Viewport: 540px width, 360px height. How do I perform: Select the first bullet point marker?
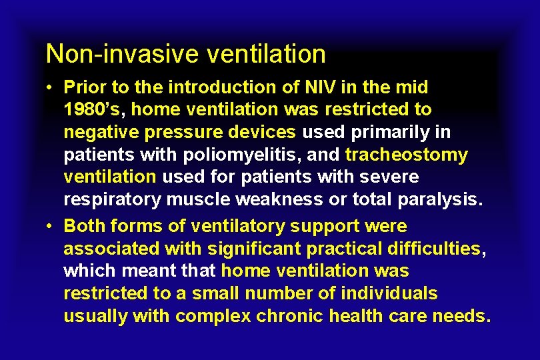(51, 88)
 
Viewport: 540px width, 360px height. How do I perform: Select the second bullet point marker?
(51, 227)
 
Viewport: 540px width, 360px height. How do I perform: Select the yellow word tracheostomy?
(407, 155)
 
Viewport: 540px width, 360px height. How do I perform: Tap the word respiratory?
(111, 200)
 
